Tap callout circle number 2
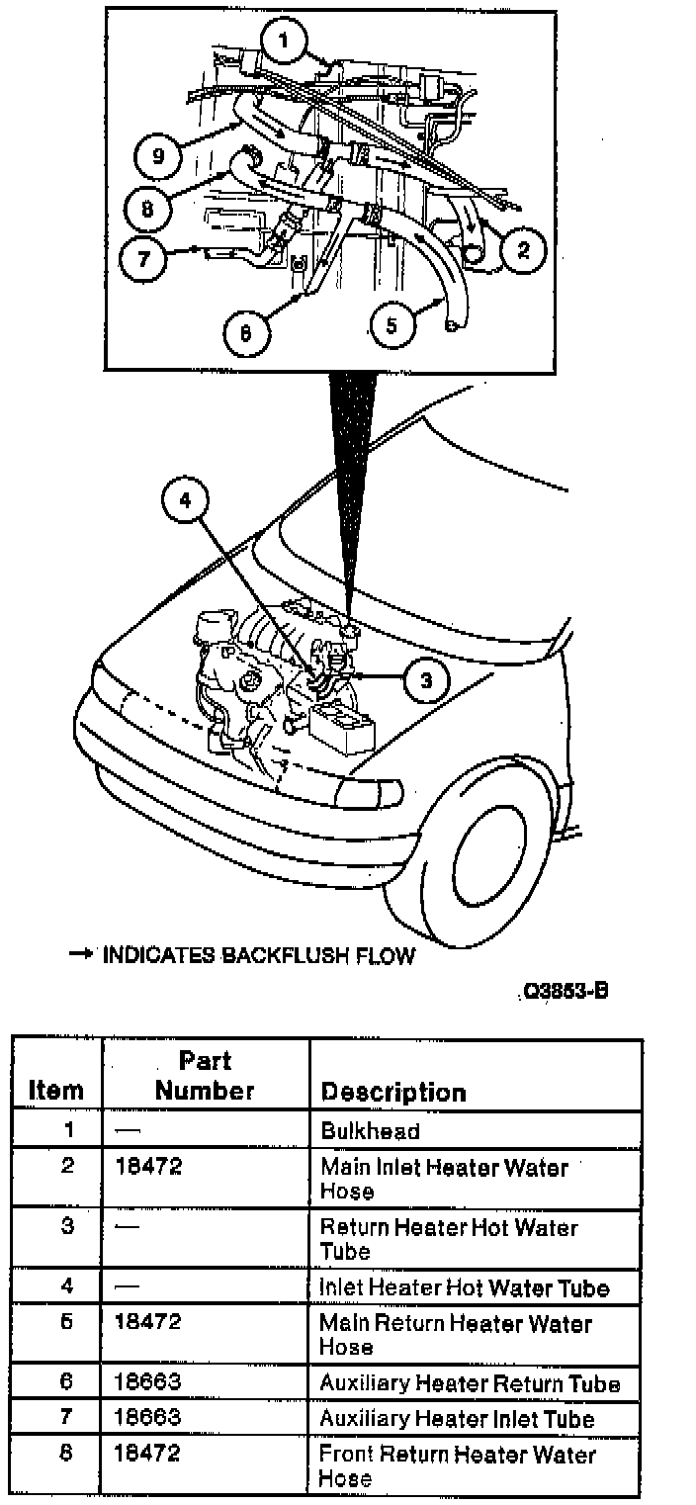[x=523, y=251]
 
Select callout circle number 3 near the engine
[x=426, y=680]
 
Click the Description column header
[x=393, y=1093]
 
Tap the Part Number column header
[x=205, y=1076]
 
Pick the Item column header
[x=56, y=1091]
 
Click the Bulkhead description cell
[x=371, y=1131]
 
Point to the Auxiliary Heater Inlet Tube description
[x=457, y=1419]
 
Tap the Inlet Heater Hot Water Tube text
[x=464, y=1287]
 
